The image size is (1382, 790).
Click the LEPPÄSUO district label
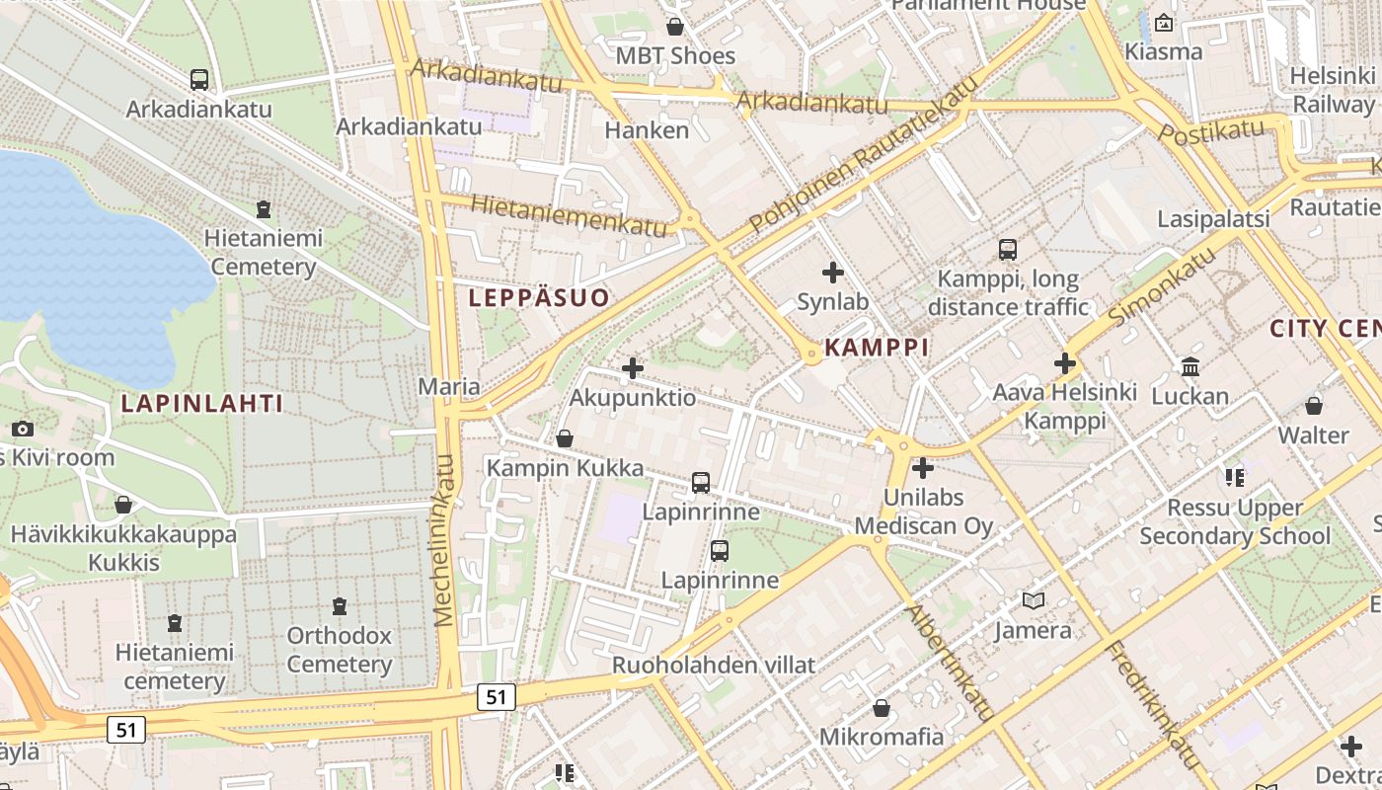click(539, 297)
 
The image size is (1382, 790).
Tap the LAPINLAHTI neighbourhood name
click(202, 403)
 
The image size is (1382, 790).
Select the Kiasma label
click(1164, 51)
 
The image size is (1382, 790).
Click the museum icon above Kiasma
click(1164, 23)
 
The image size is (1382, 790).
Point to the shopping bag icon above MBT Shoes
click(675, 26)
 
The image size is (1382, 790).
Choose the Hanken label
click(647, 129)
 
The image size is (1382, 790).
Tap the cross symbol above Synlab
click(833, 272)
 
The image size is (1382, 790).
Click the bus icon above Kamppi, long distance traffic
click(1007, 250)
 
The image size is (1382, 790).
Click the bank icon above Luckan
click(1190, 367)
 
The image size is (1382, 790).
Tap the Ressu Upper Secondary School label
click(1235, 522)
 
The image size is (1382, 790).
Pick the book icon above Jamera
click(1034, 600)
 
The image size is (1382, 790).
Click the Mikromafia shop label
click(882, 737)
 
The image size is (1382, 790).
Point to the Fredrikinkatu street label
click(1153, 704)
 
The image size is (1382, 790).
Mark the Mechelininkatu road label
click(444, 540)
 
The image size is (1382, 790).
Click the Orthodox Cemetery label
click(340, 650)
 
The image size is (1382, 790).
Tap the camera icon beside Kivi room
click(23, 430)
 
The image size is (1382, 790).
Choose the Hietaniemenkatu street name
click(570, 214)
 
